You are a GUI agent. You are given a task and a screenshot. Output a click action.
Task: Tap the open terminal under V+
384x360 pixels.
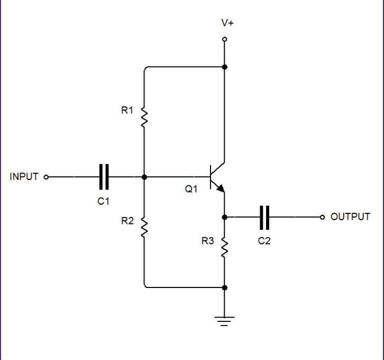tap(225, 39)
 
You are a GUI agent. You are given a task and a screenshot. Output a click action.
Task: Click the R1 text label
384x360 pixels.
tap(127, 111)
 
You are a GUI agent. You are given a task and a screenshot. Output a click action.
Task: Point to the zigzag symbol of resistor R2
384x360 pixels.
tap(144, 228)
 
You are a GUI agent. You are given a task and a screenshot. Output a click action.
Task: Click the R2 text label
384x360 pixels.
tap(127, 221)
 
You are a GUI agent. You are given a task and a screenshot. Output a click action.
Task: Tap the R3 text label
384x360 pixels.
tap(207, 242)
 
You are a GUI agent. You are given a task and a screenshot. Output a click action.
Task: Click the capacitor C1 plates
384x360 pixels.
tap(104, 176)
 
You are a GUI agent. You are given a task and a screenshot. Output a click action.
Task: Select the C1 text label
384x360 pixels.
tap(104, 202)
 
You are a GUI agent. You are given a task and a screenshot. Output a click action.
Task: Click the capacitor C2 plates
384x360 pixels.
tap(265, 217)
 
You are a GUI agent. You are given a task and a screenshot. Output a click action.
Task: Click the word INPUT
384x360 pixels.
tap(24, 177)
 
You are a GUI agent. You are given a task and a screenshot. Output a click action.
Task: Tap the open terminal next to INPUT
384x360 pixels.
tap(46, 177)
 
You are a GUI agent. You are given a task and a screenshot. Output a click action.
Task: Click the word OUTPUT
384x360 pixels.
tap(350, 217)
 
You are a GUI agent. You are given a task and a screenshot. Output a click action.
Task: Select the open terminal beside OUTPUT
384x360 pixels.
tap(322, 217)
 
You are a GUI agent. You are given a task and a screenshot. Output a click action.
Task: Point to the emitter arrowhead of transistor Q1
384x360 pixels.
tap(221, 188)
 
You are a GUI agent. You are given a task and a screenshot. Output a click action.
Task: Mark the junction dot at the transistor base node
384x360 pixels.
tap(144, 176)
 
